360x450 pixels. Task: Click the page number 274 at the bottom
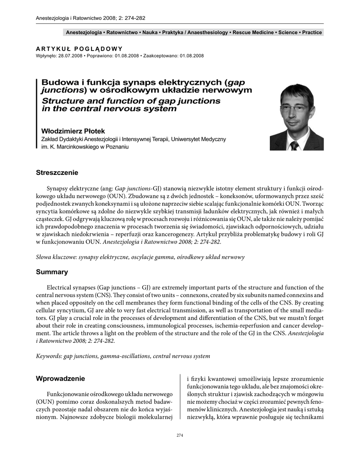[x=179, y=435]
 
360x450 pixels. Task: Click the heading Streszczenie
[x=57, y=173]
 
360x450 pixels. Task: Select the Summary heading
[x=52, y=272]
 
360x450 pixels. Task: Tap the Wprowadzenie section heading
[x=60, y=378]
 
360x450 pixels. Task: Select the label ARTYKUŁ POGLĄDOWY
[x=79, y=49]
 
